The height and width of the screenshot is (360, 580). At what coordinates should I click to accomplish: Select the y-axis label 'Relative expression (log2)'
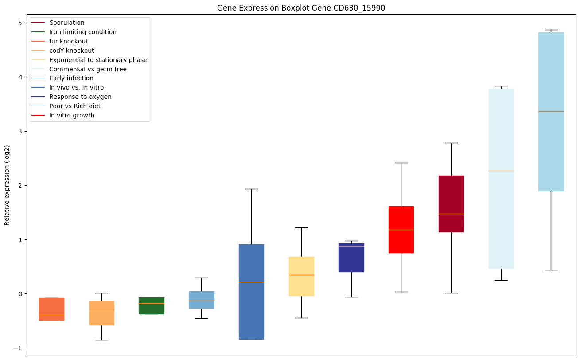(7, 185)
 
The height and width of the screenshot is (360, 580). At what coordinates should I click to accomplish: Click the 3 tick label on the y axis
(20, 131)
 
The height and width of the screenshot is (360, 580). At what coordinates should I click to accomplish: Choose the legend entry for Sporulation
(67, 23)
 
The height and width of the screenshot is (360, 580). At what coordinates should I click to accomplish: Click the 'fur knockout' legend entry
(69, 41)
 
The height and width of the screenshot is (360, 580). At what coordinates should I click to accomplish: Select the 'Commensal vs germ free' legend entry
(88, 69)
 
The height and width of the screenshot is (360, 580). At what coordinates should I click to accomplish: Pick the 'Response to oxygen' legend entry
(80, 97)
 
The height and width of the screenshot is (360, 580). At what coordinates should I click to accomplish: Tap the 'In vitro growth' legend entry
(72, 115)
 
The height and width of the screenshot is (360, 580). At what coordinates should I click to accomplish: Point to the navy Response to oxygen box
(351, 262)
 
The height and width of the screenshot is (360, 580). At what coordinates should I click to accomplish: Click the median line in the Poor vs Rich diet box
(551, 111)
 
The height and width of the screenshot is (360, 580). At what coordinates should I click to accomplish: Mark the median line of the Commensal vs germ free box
(501, 171)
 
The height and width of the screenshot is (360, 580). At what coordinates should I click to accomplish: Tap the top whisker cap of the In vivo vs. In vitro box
(251, 189)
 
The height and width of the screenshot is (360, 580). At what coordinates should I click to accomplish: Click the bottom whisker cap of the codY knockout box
(101, 340)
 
